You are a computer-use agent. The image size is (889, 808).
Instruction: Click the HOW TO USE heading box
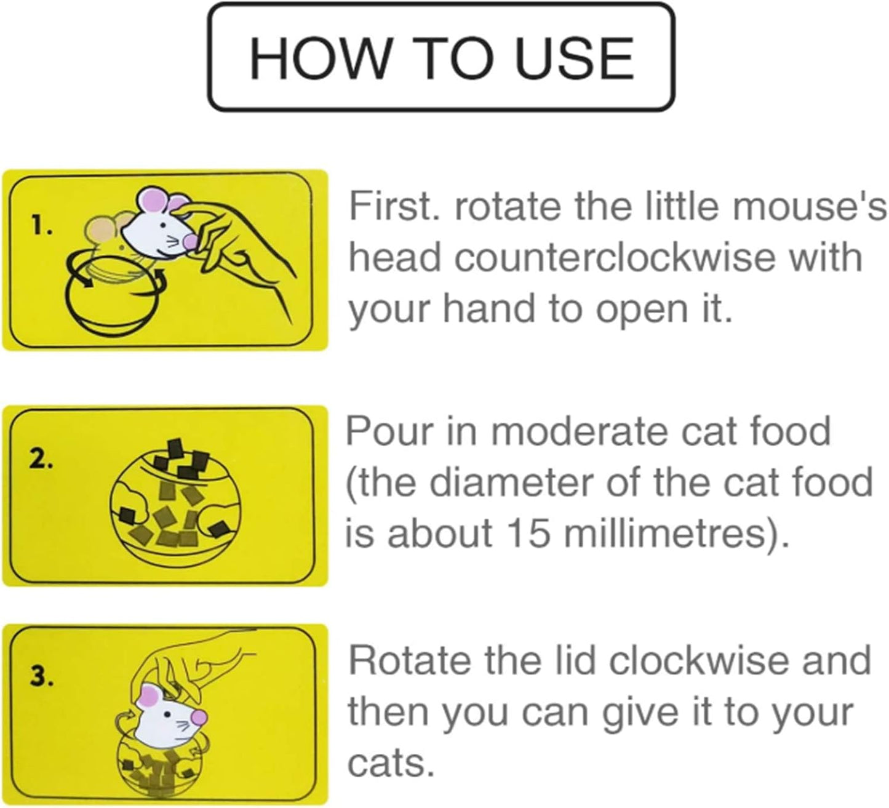click(441, 57)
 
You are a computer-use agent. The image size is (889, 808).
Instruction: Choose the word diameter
click(511, 482)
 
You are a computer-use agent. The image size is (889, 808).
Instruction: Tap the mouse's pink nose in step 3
click(198, 716)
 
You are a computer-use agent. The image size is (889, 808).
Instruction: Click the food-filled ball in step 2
click(174, 500)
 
